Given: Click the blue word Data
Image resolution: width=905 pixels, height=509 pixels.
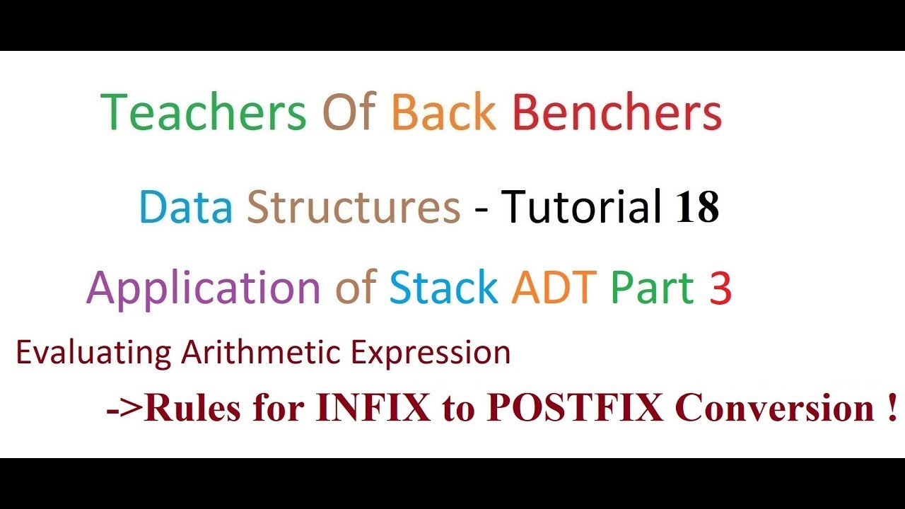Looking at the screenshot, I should click(185, 208).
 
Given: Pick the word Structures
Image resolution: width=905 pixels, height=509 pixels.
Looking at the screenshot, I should click(354, 208).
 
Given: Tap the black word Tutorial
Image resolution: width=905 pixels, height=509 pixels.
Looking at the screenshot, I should click(581, 208).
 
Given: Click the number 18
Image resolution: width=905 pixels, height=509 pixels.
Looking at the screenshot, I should click(697, 208).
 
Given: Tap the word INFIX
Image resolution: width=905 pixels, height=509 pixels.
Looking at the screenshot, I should click(373, 409).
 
